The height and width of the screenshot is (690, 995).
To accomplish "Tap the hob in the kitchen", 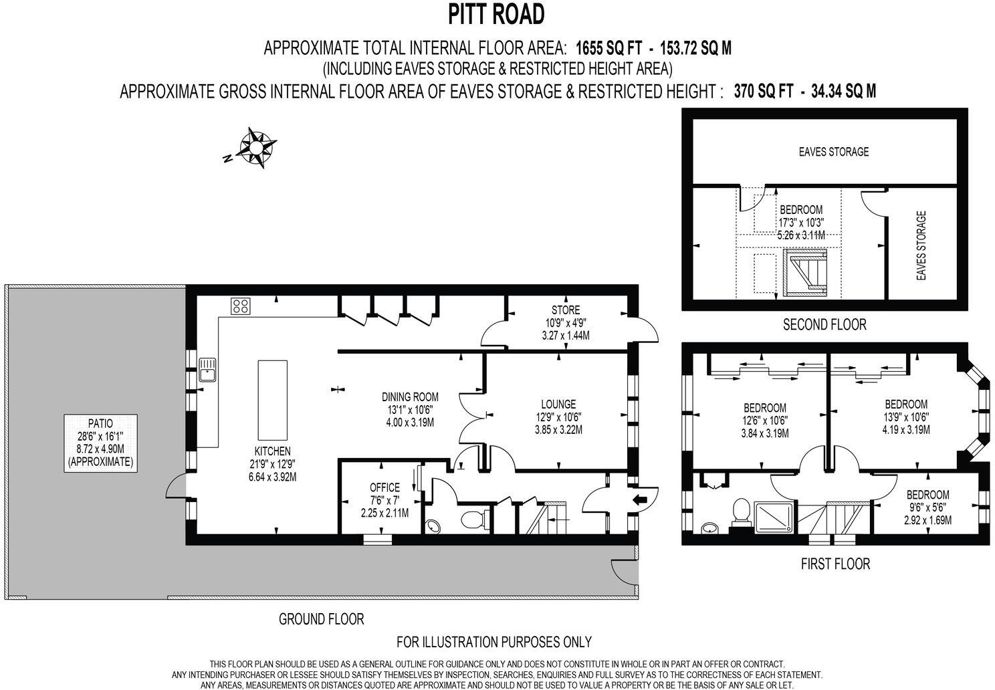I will pos(241,306).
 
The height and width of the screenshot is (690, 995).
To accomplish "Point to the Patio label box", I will pos(100,443).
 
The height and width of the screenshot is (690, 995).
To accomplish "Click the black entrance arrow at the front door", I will pos(641,498).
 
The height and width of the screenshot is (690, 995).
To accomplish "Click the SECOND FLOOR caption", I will pos(824,325).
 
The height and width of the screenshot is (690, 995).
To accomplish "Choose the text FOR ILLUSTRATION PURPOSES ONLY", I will pos(494,642).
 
